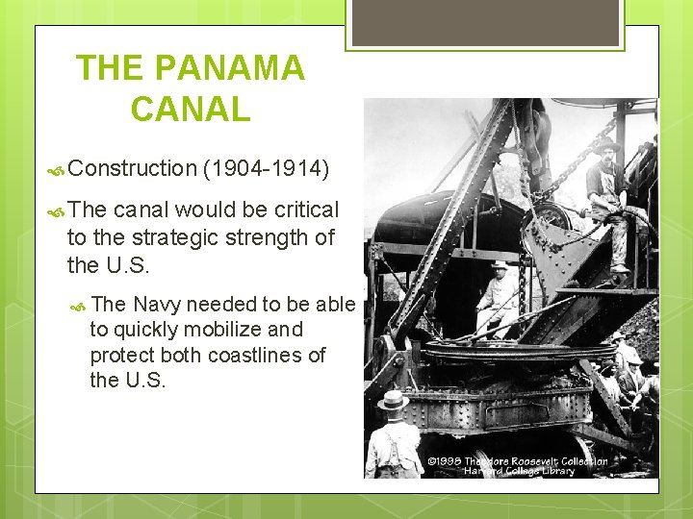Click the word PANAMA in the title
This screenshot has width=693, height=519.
(229, 68)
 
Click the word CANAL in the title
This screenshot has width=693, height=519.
(191, 109)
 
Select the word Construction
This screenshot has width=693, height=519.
(133, 169)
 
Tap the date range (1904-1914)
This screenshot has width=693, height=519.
(266, 169)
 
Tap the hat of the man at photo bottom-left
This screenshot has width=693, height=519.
(393, 399)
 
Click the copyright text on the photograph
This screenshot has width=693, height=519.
(518, 465)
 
